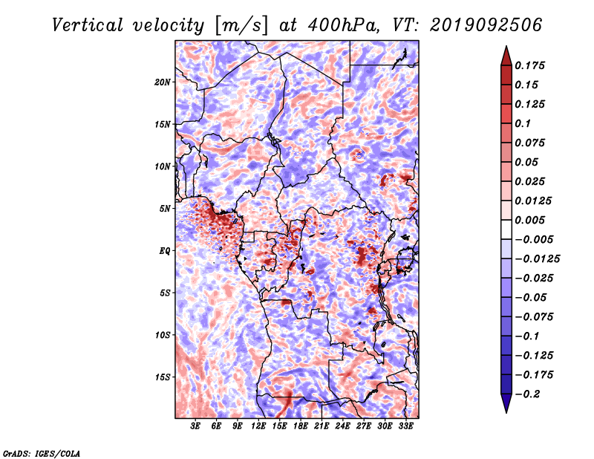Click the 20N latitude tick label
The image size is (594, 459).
tap(163, 82)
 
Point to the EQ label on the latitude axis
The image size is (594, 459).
tap(164, 251)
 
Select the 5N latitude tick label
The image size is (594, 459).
tap(165, 209)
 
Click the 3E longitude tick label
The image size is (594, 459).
tap(195, 426)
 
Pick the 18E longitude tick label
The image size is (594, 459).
tap(301, 426)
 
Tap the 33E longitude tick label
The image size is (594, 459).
tap(405, 426)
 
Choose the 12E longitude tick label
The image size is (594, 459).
tap(258, 426)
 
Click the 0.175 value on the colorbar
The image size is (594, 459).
tap(529, 65)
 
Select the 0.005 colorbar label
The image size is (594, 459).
tap(529, 220)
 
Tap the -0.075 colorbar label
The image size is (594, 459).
tap(534, 317)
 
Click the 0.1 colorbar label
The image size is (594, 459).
tap(523, 123)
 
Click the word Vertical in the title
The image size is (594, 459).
tap(88, 25)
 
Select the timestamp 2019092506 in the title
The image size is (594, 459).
tap(486, 25)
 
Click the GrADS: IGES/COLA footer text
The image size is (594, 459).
tap(42, 454)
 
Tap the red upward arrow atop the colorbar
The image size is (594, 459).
tap(506, 56)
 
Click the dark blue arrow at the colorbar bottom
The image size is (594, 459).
tap(506, 403)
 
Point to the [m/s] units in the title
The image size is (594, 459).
tap(241, 25)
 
